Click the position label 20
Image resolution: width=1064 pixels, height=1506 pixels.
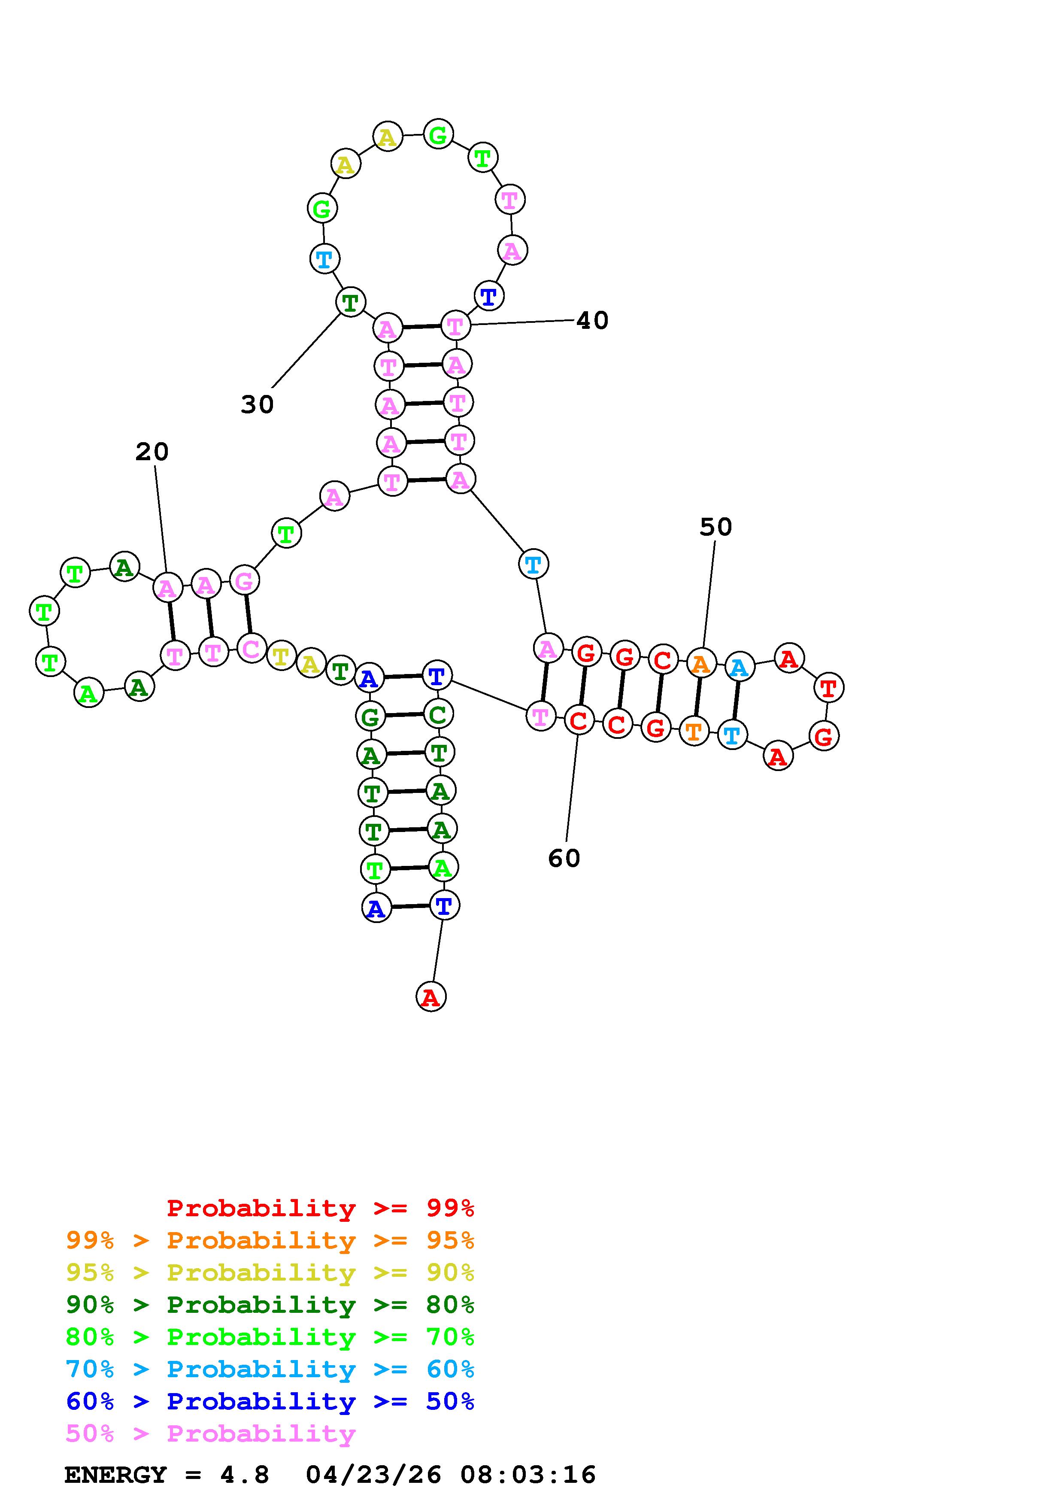152,452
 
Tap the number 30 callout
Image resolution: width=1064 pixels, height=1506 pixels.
257,405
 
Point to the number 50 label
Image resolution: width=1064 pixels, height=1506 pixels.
715,527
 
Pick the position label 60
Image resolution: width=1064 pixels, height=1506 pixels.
564,859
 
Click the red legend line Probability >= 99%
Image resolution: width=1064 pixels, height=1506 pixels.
321,1208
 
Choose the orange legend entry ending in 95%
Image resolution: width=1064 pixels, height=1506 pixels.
270,1240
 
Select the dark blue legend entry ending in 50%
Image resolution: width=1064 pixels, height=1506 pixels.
270,1401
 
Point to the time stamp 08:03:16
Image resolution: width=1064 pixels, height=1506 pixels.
528,1475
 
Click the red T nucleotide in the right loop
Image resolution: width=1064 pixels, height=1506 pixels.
829,688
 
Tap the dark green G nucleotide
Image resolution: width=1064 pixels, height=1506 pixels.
370,717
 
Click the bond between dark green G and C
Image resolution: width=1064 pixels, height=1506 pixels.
404,715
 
